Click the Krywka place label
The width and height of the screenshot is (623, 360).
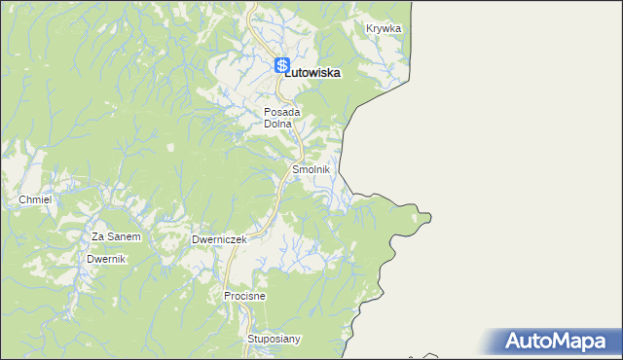(x=384, y=28)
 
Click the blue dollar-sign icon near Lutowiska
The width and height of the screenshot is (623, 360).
(x=282, y=66)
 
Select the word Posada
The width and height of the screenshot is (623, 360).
(x=282, y=112)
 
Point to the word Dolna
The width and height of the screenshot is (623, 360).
(x=278, y=124)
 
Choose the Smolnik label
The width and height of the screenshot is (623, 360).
(x=311, y=169)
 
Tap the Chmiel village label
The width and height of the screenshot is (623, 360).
(x=34, y=199)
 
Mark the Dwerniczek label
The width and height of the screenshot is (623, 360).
(x=219, y=238)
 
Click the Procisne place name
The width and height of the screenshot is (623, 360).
(x=244, y=295)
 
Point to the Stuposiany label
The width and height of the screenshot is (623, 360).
(x=275, y=339)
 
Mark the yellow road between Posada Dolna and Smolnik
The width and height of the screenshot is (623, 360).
(x=300, y=144)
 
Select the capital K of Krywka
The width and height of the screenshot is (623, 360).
(x=370, y=28)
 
